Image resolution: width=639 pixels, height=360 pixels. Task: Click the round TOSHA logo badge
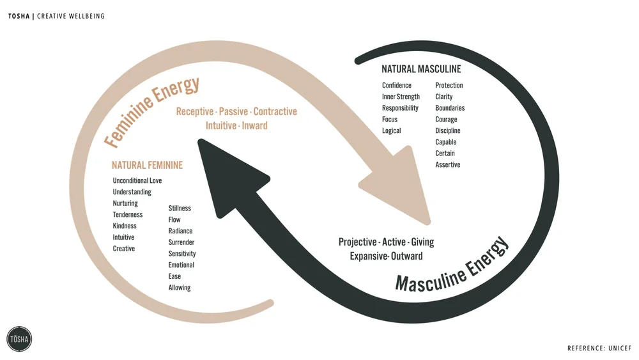click(x=19, y=339)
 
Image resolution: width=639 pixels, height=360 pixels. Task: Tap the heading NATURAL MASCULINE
click(x=421, y=69)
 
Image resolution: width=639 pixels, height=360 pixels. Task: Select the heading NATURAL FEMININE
click(x=147, y=165)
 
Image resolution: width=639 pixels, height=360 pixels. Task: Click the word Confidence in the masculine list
click(x=397, y=86)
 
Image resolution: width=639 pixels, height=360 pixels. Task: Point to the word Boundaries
click(x=450, y=108)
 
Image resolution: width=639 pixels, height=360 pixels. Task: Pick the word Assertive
click(x=447, y=165)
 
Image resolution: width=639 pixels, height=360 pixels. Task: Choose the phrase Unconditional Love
click(x=137, y=181)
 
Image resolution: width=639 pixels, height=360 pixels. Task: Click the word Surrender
click(x=181, y=242)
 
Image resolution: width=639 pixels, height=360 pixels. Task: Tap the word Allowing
click(x=180, y=288)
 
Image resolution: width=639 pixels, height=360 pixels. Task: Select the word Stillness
click(x=180, y=208)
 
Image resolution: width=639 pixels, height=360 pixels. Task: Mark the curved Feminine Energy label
click(x=153, y=111)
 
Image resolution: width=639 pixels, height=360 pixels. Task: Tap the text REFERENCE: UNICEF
click(x=599, y=348)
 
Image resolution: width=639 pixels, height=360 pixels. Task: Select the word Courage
click(x=446, y=120)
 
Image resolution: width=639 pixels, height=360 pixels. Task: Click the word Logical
click(x=392, y=131)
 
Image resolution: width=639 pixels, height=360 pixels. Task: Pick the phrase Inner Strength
click(x=401, y=97)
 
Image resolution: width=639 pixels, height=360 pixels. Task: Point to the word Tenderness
click(x=128, y=215)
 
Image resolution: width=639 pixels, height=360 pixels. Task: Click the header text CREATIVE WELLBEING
click(x=71, y=16)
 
